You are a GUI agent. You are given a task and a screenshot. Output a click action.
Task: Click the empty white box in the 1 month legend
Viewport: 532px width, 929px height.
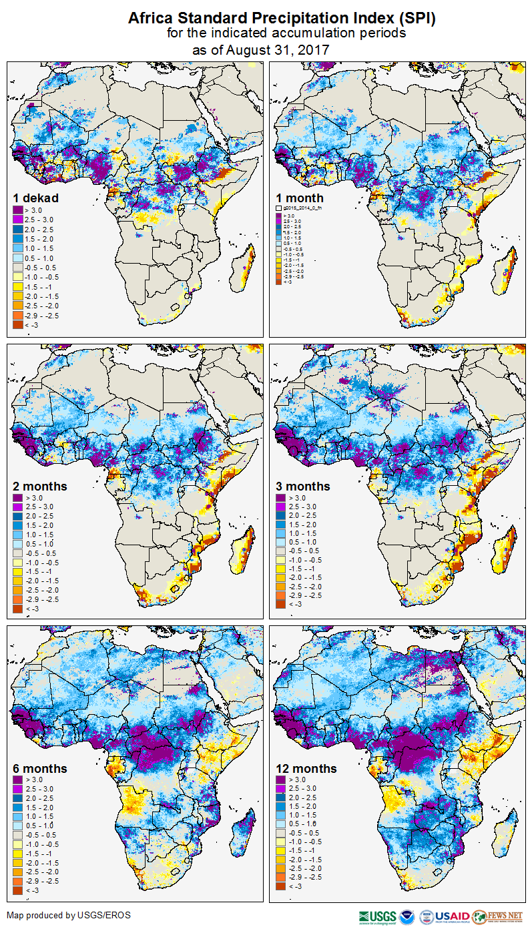pyautogui.click(x=279, y=209)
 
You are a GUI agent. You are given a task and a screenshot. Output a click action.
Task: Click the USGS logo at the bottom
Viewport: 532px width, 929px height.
pyautogui.click(x=378, y=916)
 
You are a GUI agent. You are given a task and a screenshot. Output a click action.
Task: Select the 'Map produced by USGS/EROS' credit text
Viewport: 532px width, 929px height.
pyautogui.click(x=69, y=914)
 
